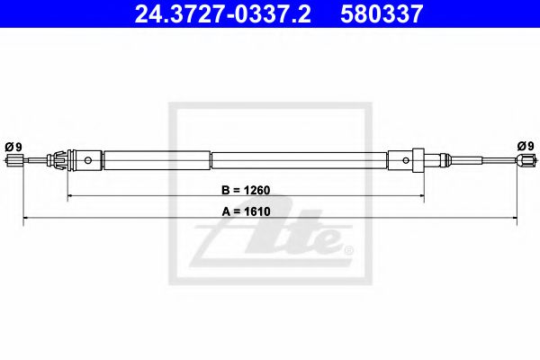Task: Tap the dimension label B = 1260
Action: [246, 191]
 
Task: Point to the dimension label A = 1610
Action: [246, 211]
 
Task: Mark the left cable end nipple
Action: [13, 161]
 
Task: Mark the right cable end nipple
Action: [525, 161]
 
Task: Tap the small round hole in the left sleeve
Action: [89, 161]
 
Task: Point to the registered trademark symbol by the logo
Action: [349, 249]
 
